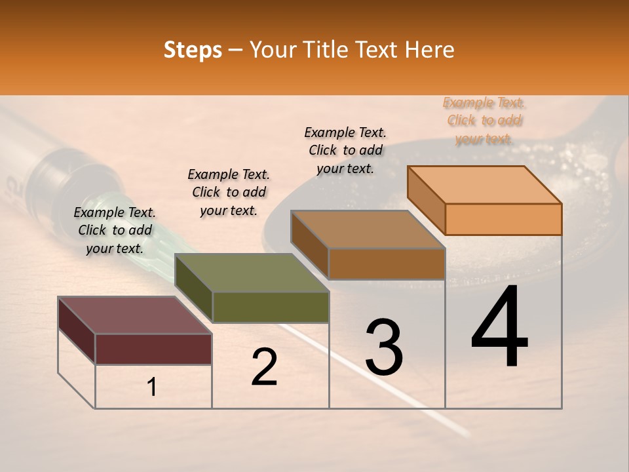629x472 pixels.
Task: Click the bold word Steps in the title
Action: pyautogui.click(x=193, y=50)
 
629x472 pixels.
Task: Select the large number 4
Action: pyautogui.click(x=499, y=328)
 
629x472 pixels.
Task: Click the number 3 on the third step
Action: pyautogui.click(x=384, y=347)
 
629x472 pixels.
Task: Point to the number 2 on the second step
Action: pyautogui.click(x=264, y=367)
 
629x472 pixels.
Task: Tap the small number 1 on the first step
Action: pyautogui.click(x=152, y=387)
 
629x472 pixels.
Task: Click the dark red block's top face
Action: pyautogui.click(x=134, y=315)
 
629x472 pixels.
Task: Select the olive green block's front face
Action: pyautogui.click(x=271, y=307)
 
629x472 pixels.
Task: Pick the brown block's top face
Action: pyautogui.click(x=368, y=229)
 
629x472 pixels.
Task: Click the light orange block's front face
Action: pyautogui.click(x=503, y=219)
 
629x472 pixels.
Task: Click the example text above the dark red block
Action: pyautogui.click(x=115, y=230)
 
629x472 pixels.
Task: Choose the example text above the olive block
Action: pyautogui.click(x=229, y=192)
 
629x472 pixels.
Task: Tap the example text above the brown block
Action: pyautogui.click(x=345, y=150)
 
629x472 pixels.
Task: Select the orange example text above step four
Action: pyautogui.click(x=484, y=121)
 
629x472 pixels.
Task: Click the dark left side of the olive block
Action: pyautogui.click(x=194, y=288)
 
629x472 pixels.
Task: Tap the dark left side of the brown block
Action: pyautogui.click(x=309, y=245)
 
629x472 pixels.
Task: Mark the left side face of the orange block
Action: pyautogui.click(x=426, y=200)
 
